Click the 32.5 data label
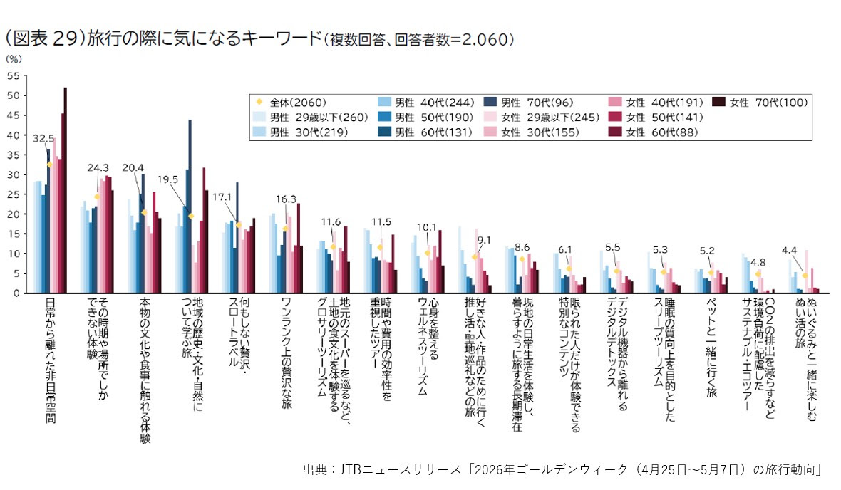tap(44, 139)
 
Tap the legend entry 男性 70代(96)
tap(539, 103)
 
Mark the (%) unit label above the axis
tap(14, 60)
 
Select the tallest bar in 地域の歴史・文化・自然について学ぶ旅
tap(190, 206)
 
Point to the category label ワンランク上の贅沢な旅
tap(286, 350)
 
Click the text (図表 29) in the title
tap(42, 38)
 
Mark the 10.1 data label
tap(426, 228)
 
